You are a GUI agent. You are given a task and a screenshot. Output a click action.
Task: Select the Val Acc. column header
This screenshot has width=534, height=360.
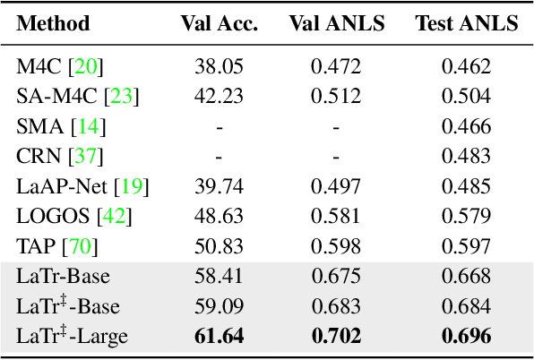pyautogui.click(x=220, y=23)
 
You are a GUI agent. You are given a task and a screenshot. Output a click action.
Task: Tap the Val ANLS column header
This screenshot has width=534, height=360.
pyautogui.click(x=336, y=23)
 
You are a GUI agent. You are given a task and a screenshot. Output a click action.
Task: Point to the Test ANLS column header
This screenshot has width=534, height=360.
pyautogui.click(x=466, y=23)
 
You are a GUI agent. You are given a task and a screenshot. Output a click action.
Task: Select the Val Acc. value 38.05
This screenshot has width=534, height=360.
pyautogui.click(x=219, y=65)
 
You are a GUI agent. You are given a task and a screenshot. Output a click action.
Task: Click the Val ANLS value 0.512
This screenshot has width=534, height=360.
pyautogui.click(x=336, y=96)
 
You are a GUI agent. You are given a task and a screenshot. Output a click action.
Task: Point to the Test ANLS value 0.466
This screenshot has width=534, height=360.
pyautogui.click(x=466, y=126)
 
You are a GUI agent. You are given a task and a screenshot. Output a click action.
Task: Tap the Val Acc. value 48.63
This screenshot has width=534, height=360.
pyautogui.click(x=219, y=217)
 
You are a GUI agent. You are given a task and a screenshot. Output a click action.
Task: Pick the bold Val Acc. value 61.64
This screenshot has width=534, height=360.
pyautogui.click(x=219, y=337)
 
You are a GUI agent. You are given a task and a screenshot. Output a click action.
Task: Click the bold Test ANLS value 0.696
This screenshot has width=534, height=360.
pyautogui.click(x=466, y=337)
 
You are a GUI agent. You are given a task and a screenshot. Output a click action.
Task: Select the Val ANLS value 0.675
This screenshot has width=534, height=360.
pyautogui.click(x=336, y=277)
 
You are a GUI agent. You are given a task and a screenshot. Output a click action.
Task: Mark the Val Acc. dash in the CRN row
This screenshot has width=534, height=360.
pyautogui.click(x=219, y=157)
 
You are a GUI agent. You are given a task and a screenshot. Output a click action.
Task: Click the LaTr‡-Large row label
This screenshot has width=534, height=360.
pyautogui.click(x=73, y=337)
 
